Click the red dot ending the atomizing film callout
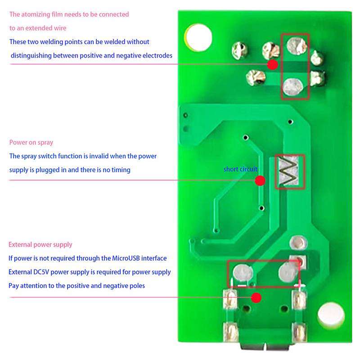(x=272, y=65)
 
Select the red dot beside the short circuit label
(x=260, y=181)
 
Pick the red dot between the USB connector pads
(x=256, y=297)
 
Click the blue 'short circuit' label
(x=240, y=169)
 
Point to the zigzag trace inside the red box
(x=289, y=171)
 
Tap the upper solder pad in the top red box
(x=295, y=45)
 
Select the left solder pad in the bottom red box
(x=242, y=272)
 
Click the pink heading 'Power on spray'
(x=31, y=143)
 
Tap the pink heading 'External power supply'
(x=40, y=245)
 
